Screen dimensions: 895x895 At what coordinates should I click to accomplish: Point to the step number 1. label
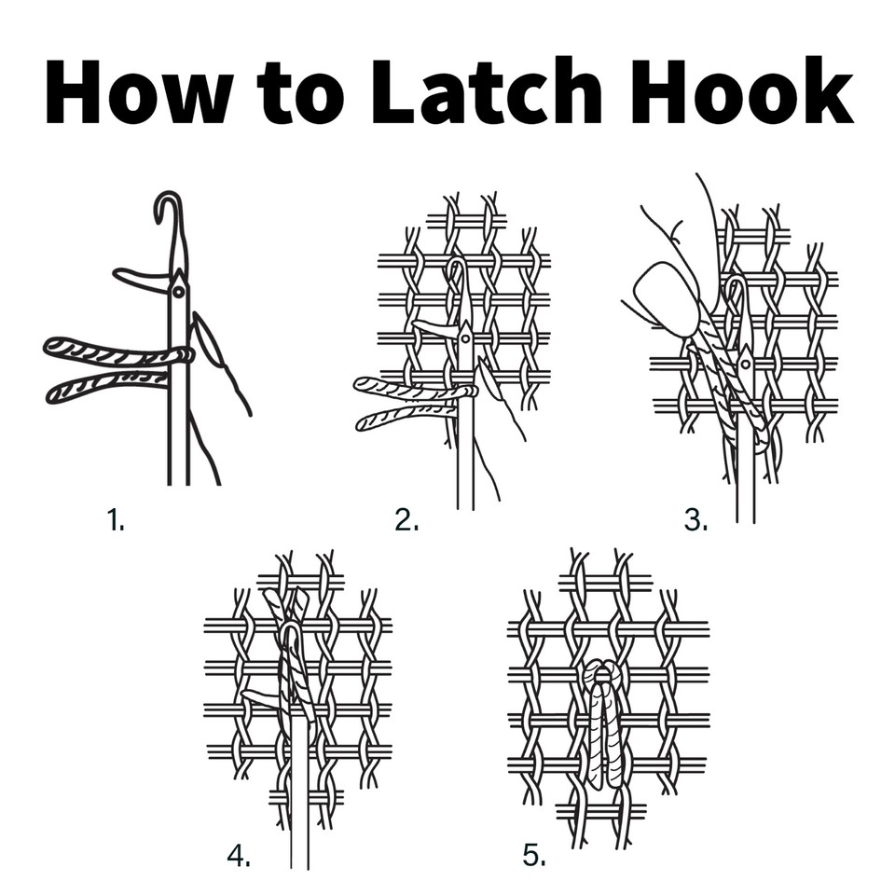pyautogui.click(x=116, y=521)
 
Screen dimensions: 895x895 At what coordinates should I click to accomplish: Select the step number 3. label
pyautogui.click(x=695, y=521)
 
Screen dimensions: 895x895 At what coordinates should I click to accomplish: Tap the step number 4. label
pyautogui.click(x=239, y=855)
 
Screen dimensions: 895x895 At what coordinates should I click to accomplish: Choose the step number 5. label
pyautogui.click(x=533, y=855)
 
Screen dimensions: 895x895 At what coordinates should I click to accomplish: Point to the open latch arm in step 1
pyautogui.click(x=140, y=277)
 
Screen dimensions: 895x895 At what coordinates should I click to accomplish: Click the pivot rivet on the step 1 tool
pyautogui.click(x=178, y=293)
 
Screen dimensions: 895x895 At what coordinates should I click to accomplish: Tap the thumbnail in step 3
pyautogui.click(x=667, y=297)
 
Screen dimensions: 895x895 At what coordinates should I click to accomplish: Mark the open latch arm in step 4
pyautogui.click(x=263, y=695)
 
